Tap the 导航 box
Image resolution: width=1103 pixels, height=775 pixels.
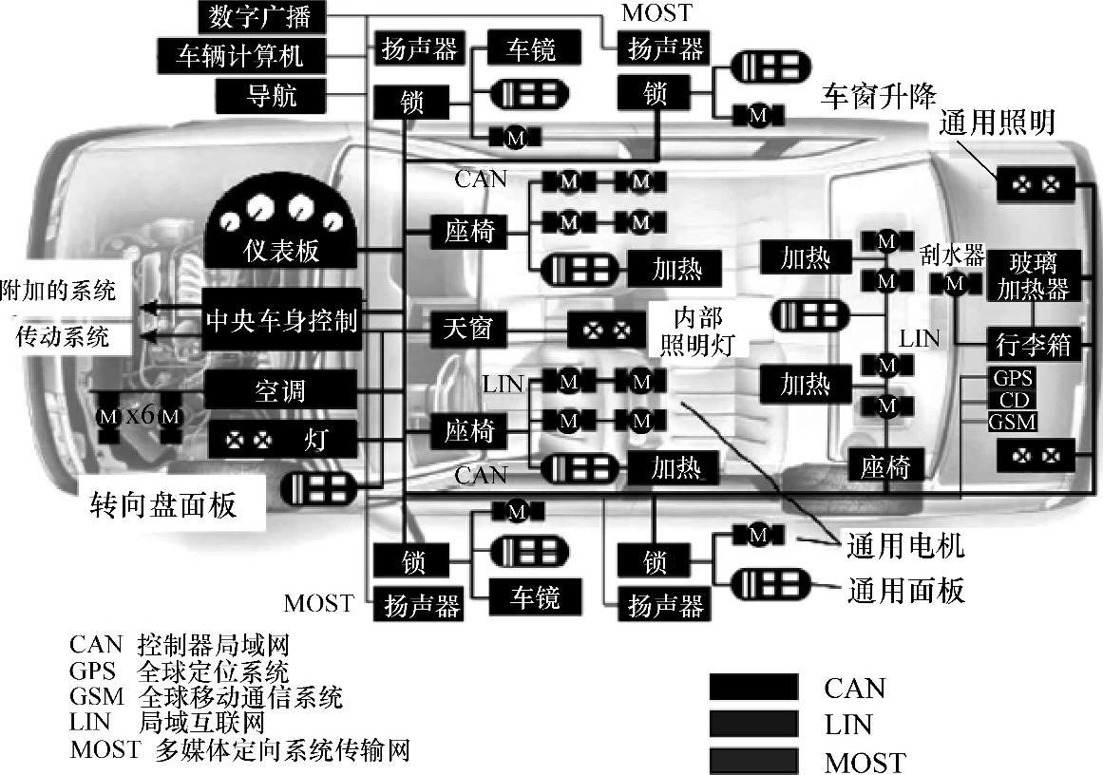pyautogui.click(x=272, y=95)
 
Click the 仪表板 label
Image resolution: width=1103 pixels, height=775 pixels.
pyautogui.click(x=280, y=251)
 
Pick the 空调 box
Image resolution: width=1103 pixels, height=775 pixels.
pyautogui.click(x=280, y=390)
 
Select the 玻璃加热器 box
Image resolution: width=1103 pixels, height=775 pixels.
pyautogui.click(x=1032, y=274)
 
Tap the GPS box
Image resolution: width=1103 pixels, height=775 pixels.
pyautogui.click(x=1012, y=378)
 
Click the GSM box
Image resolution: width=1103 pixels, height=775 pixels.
pyautogui.click(x=1012, y=421)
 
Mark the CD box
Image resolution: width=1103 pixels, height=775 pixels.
pyautogui.click(x=1012, y=399)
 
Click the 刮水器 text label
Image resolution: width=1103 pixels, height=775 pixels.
pyautogui.click(x=953, y=255)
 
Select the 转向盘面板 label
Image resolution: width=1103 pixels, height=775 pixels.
pyautogui.click(x=162, y=504)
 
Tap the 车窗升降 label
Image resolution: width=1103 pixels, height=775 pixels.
pyautogui.click(x=879, y=96)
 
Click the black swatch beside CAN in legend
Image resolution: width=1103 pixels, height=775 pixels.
pyautogui.click(x=753, y=687)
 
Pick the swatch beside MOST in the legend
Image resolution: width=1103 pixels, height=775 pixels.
pyautogui.click(x=753, y=761)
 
